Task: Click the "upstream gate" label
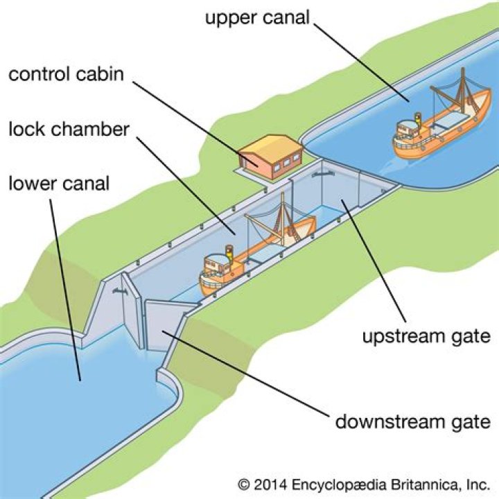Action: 426,337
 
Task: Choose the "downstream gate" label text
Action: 413,421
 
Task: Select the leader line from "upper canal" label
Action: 360,62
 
